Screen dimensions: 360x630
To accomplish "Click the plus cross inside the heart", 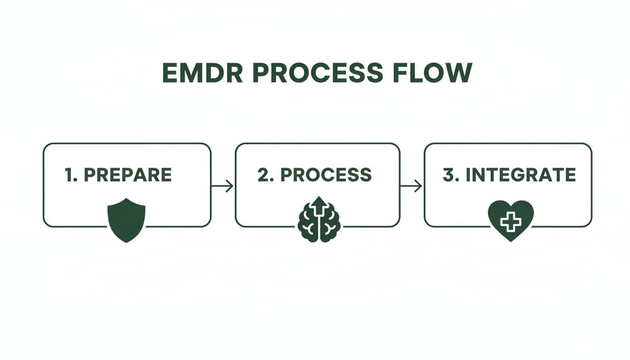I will [511, 221].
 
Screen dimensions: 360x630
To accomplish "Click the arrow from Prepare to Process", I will [223, 186].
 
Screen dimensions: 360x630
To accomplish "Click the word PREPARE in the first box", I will [127, 175].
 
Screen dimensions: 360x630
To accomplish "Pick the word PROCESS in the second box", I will [326, 175].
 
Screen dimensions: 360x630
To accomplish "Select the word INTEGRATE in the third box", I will [521, 175].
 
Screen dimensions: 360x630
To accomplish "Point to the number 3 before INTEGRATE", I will [449, 175].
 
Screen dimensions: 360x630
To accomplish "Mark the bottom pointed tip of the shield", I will [127, 242].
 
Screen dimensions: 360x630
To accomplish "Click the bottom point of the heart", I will [511, 241].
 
